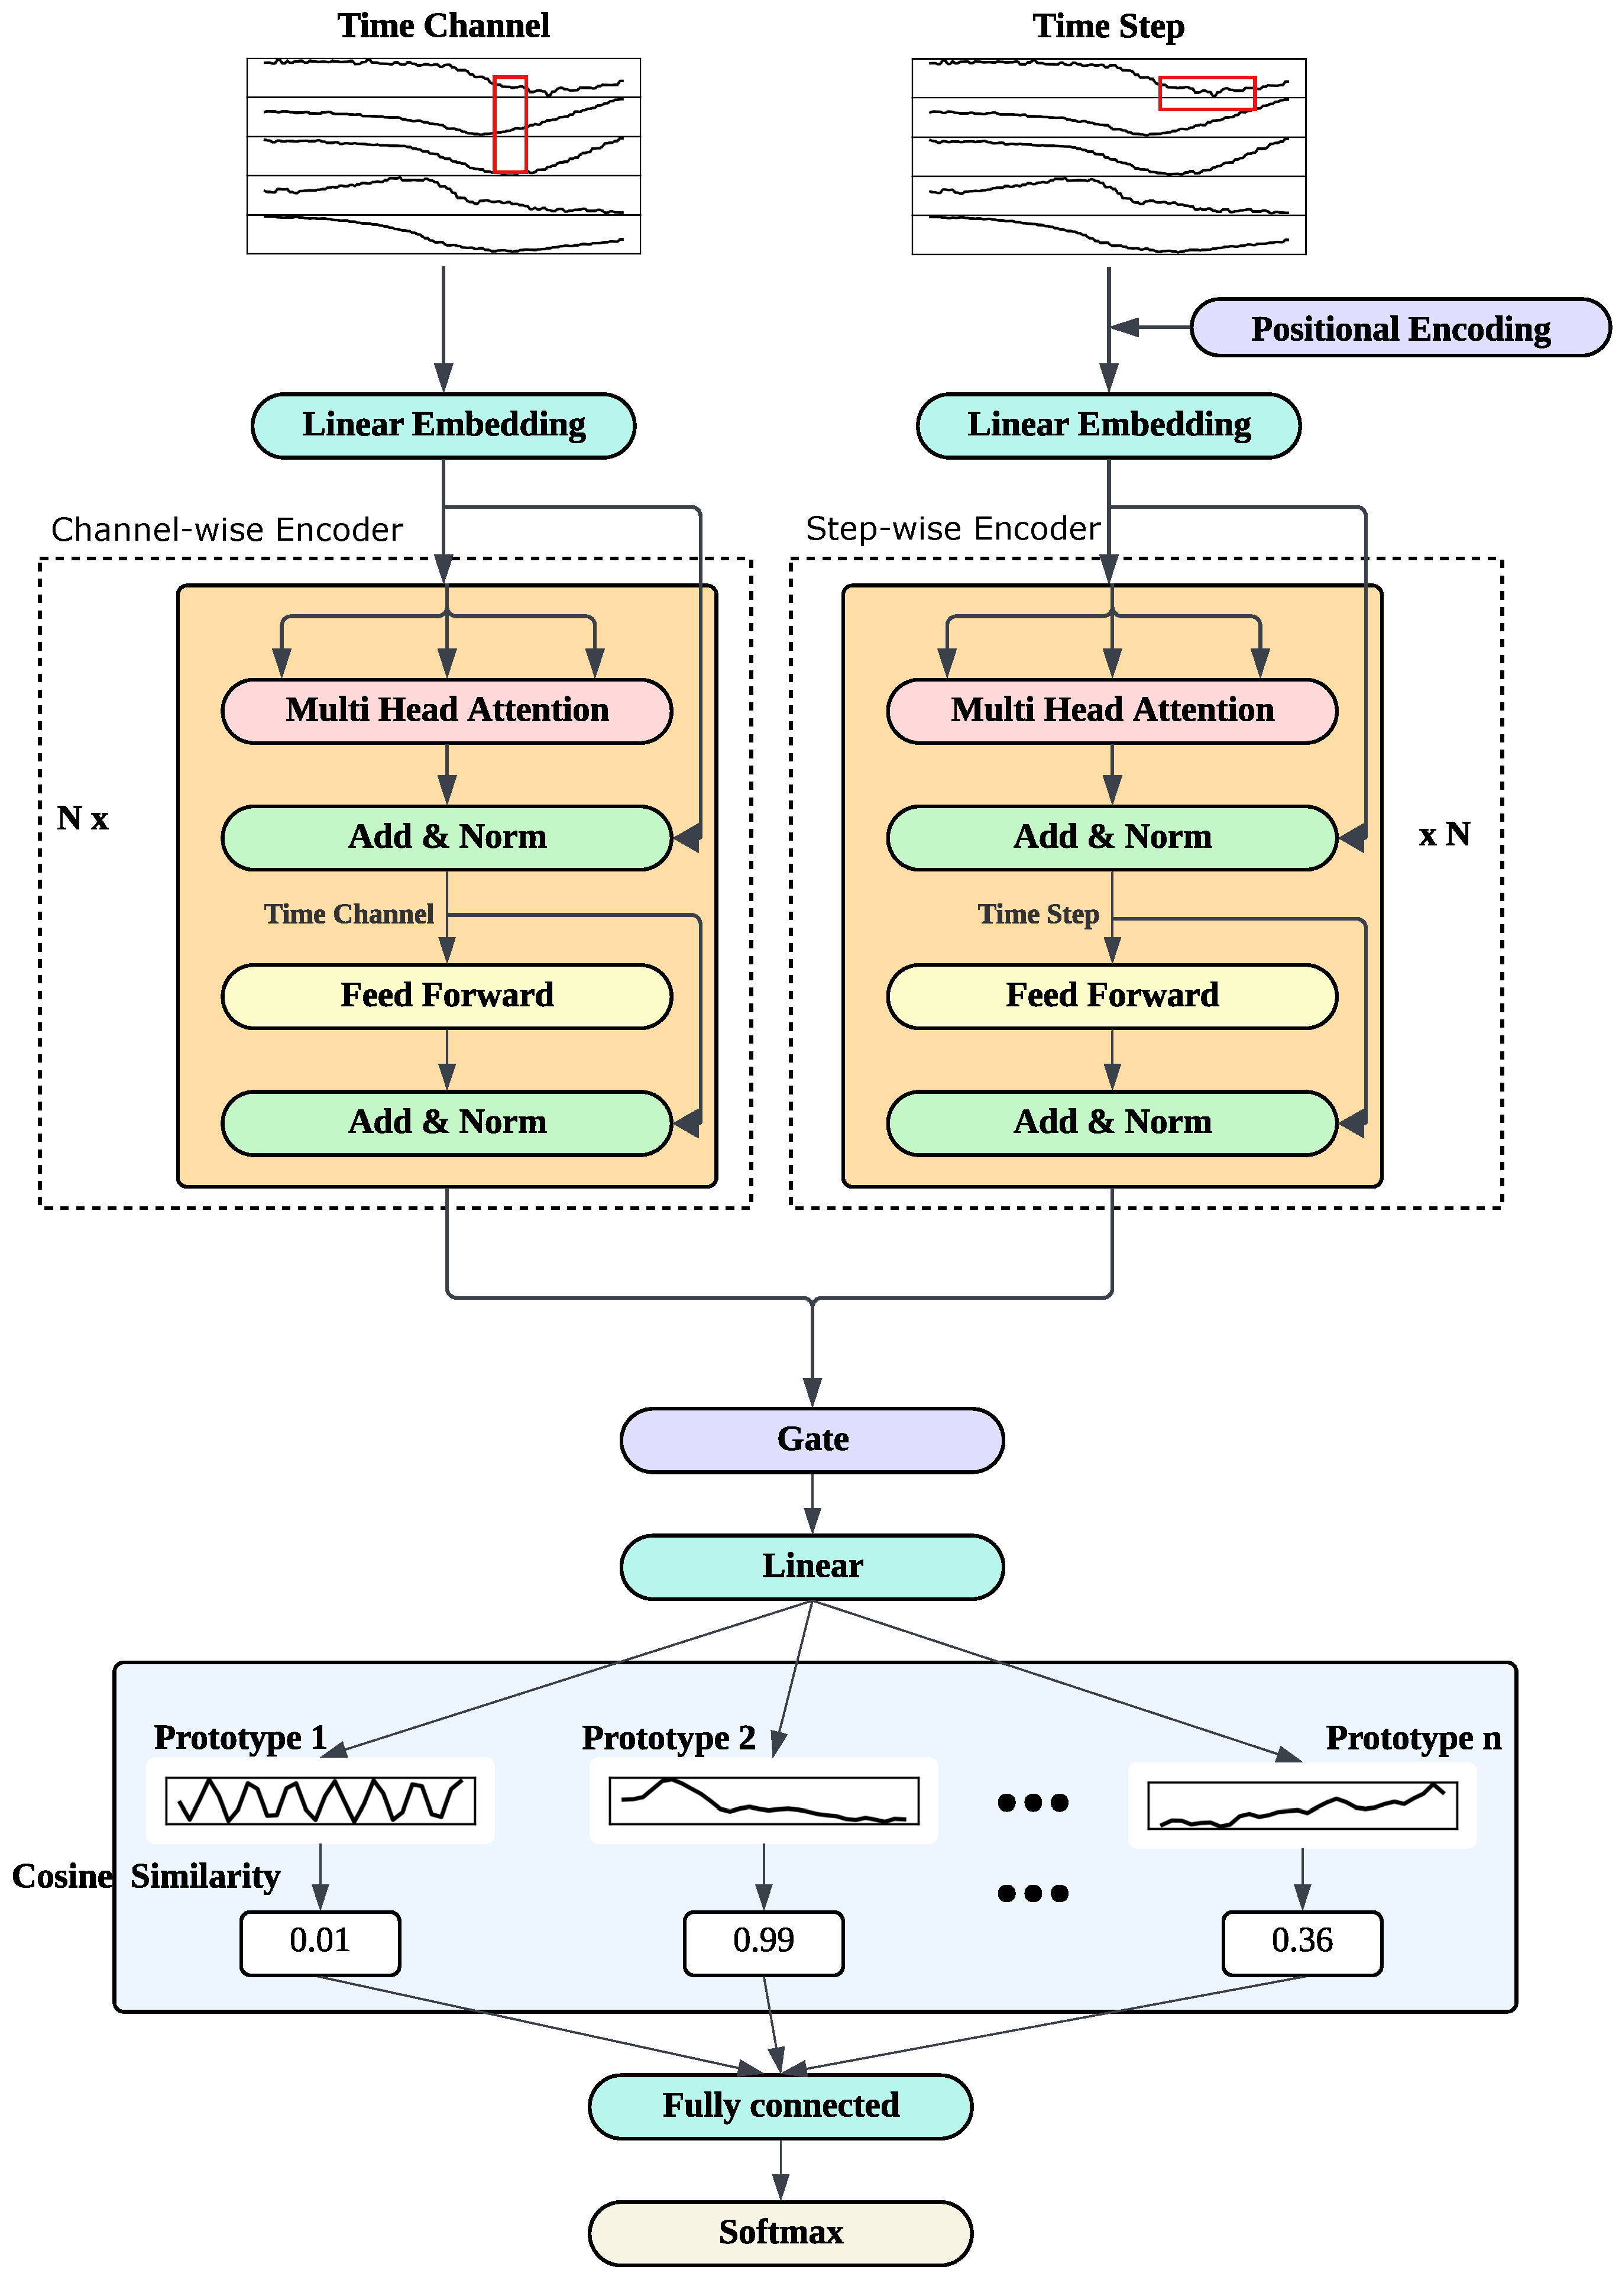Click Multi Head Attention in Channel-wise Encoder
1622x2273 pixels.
[x=446, y=711]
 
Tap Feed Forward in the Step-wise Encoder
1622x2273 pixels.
[x=1112, y=995]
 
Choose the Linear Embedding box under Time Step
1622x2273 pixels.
[x=1109, y=425]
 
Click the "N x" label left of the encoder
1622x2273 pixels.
[x=82, y=818]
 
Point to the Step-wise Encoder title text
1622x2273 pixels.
[x=953, y=528]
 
